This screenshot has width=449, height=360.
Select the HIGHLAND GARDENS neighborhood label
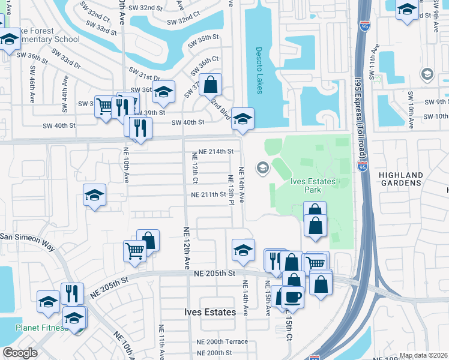401,179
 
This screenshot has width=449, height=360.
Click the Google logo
20,353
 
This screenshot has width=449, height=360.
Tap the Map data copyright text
423,355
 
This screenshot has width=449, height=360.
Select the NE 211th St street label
208,194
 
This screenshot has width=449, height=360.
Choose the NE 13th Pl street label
231,189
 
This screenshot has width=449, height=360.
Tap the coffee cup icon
292,296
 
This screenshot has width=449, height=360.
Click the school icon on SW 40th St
243,118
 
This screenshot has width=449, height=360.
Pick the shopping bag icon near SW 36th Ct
211,84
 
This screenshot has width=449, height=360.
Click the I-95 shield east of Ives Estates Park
362,166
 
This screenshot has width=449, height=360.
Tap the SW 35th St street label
203,37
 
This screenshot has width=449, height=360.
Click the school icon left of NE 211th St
95,194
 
